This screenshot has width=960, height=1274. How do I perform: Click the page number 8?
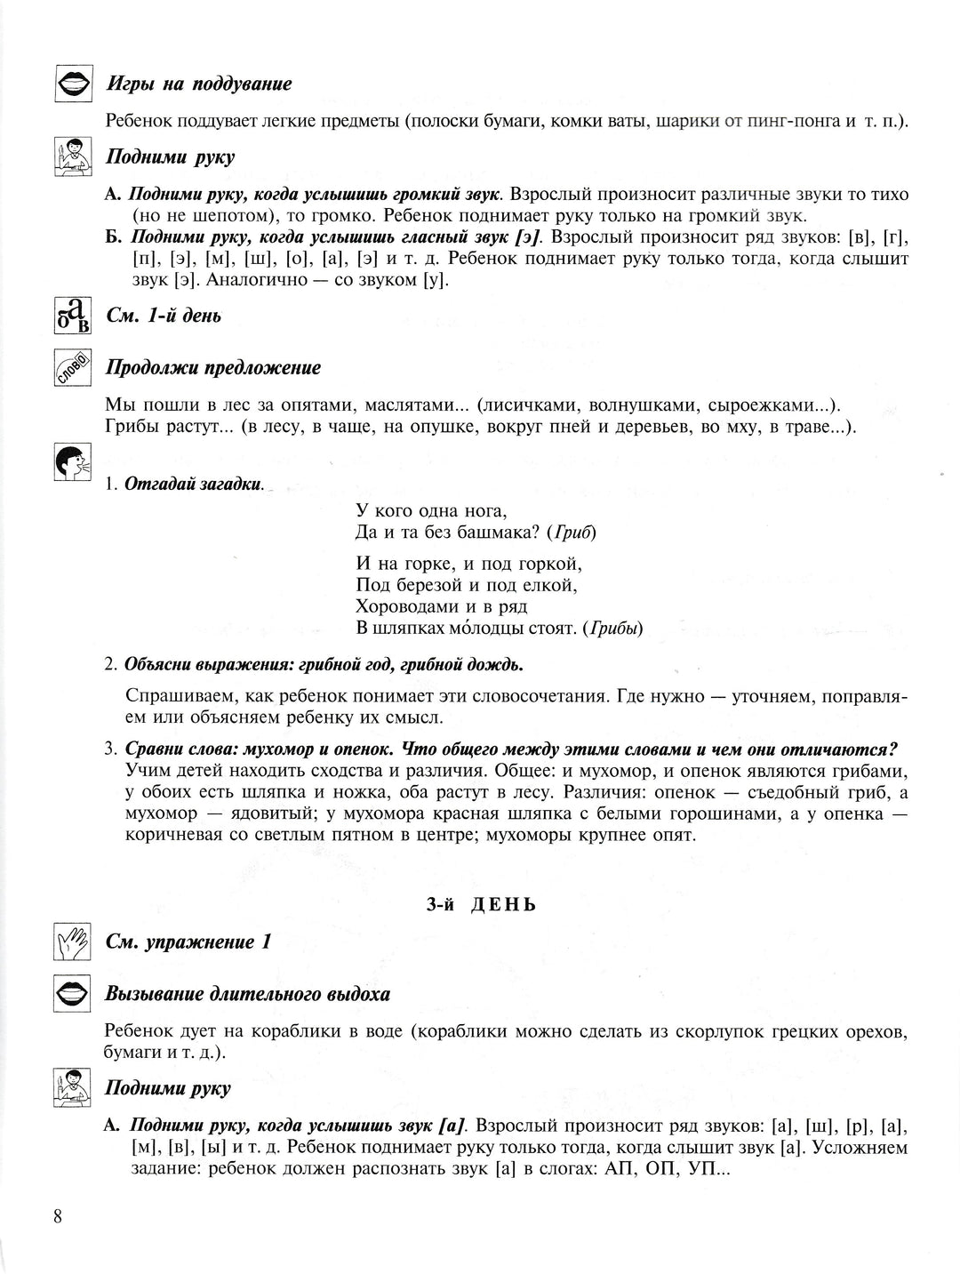tap(57, 1217)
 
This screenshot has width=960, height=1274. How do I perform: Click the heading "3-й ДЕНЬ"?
tap(481, 905)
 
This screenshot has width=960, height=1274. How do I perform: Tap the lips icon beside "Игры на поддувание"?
tap(70, 84)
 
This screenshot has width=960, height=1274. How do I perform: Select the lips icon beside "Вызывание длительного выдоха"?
tap(70, 994)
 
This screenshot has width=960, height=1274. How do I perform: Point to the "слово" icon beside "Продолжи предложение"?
tap(70, 368)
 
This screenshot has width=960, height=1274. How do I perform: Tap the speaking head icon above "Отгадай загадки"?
tap(70, 463)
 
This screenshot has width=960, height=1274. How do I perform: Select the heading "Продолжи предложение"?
tap(213, 368)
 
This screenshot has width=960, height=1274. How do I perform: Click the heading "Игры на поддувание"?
tap(199, 84)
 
